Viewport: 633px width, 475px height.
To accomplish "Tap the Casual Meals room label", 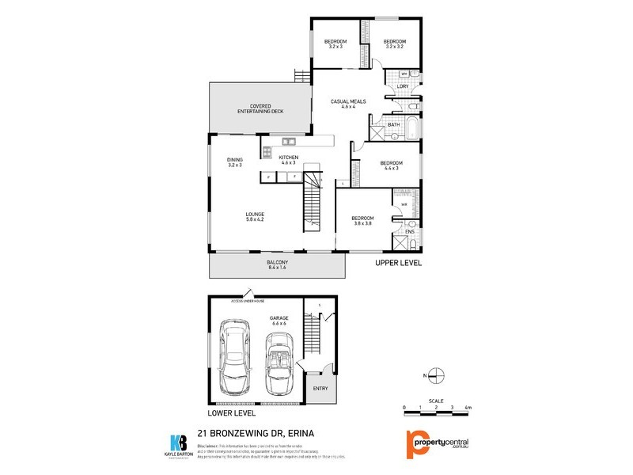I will (348, 104).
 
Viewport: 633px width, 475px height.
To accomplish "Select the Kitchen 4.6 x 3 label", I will (288, 161).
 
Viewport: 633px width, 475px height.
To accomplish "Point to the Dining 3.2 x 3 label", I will (235, 162).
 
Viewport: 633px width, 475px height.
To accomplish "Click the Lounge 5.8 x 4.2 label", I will (255, 218).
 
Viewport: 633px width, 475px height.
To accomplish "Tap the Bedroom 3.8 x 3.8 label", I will (364, 220).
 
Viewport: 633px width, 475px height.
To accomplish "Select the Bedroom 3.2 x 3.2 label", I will (394, 44).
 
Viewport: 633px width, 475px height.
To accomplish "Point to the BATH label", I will (393, 125).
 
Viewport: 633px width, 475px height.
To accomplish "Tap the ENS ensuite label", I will (409, 232).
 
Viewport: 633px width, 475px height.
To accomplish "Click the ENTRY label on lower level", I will (320, 388).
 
